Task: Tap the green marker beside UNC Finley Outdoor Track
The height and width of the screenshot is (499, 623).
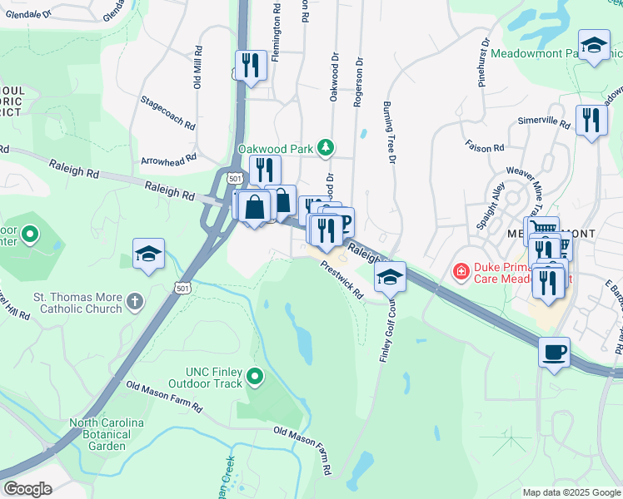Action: pyautogui.click(x=256, y=378)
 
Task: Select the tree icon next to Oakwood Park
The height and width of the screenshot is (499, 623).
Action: pyautogui.click(x=326, y=149)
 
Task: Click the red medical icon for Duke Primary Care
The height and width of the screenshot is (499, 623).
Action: pyautogui.click(x=459, y=270)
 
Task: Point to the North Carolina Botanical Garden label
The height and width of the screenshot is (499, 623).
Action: pyautogui.click(x=107, y=434)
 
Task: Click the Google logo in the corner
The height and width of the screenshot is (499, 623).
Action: pyautogui.click(x=27, y=489)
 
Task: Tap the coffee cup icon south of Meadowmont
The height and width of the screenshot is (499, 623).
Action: pyautogui.click(x=554, y=352)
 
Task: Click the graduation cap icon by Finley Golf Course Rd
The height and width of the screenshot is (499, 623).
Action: pyautogui.click(x=389, y=276)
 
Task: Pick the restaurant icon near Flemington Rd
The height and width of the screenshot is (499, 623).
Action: pyautogui.click(x=250, y=64)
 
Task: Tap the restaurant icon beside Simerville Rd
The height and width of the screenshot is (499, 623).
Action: pyautogui.click(x=591, y=120)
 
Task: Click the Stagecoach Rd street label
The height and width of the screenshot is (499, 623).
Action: pyautogui.click(x=168, y=115)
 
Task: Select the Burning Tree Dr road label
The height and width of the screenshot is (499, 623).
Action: pyautogui.click(x=388, y=132)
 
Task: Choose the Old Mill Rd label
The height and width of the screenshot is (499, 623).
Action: pyautogui.click(x=198, y=67)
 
